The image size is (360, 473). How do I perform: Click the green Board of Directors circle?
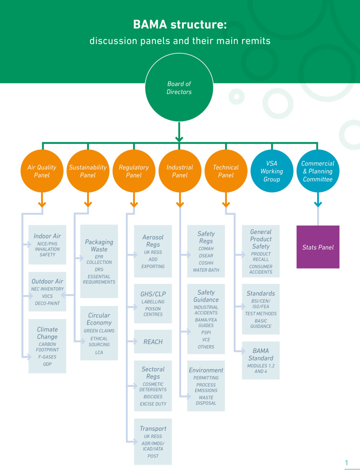[x=179, y=88]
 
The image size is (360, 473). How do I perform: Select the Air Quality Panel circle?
[x=42, y=171]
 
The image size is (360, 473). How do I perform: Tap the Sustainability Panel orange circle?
[x=88, y=171]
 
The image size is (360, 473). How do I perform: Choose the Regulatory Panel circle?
[x=134, y=171]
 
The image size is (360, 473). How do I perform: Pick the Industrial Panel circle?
[x=180, y=171]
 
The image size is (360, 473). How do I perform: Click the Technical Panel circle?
[x=226, y=171]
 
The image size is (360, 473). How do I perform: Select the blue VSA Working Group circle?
[x=272, y=171]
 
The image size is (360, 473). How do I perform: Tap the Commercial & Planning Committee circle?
[x=318, y=171]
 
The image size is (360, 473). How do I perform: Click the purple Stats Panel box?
[x=318, y=247]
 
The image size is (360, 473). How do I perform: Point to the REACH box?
[x=153, y=342]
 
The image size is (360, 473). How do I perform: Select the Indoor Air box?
[x=47, y=245]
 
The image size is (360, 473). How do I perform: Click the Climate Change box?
[x=47, y=346]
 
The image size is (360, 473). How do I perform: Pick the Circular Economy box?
[x=99, y=333]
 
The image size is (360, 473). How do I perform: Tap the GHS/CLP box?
[x=153, y=303]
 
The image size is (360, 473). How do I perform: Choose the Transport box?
[x=153, y=441]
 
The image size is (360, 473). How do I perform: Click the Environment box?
[x=206, y=386]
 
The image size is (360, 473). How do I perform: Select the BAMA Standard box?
[x=261, y=360]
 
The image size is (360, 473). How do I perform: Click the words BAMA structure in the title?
[x=180, y=24]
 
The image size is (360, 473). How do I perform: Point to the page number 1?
[x=346, y=463]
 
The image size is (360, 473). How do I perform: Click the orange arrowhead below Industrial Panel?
[x=180, y=205]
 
